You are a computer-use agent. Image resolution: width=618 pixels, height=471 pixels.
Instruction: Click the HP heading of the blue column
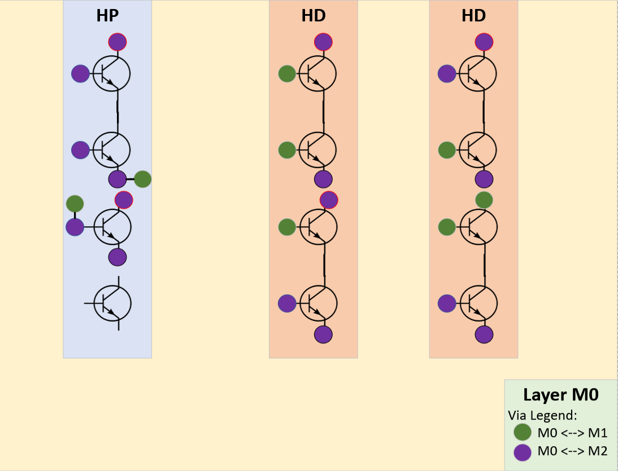(x=107, y=16)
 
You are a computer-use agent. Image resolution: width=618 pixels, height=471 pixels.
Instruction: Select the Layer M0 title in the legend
(x=560, y=395)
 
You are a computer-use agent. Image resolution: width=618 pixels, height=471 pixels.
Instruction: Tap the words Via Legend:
(x=542, y=415)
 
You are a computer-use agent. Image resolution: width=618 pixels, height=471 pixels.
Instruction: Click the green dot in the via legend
(x=523, y=433)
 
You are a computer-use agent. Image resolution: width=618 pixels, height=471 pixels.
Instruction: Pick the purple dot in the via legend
(x=523, y=451)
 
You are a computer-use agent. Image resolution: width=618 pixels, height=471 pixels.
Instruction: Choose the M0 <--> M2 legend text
(x=572, y=451)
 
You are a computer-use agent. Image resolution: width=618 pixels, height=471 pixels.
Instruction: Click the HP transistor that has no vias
(x=112, y=303)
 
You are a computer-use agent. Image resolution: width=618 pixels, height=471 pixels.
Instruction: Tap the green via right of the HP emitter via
(x=142, y=179)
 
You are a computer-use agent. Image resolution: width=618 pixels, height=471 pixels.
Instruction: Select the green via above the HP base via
(x=75, y=204)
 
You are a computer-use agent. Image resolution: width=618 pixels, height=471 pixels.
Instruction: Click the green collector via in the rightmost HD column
(x=484, y=200)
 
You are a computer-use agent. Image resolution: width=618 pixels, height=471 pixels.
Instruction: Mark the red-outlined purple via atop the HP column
(x=117, y=42)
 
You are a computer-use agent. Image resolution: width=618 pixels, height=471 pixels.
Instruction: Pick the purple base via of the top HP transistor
(x=80, y=73)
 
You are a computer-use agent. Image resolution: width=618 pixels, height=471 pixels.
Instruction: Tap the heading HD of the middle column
(x=314, y=16)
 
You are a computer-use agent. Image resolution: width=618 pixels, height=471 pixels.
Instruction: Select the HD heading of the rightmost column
(x=473, y=16)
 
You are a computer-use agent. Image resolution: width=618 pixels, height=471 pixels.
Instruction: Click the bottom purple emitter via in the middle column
(x=323, y=334)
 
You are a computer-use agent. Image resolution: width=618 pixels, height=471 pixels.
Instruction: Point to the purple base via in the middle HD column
(x=287, y=303)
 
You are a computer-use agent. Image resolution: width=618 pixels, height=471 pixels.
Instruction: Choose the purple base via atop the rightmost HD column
(x=447, y=73)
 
